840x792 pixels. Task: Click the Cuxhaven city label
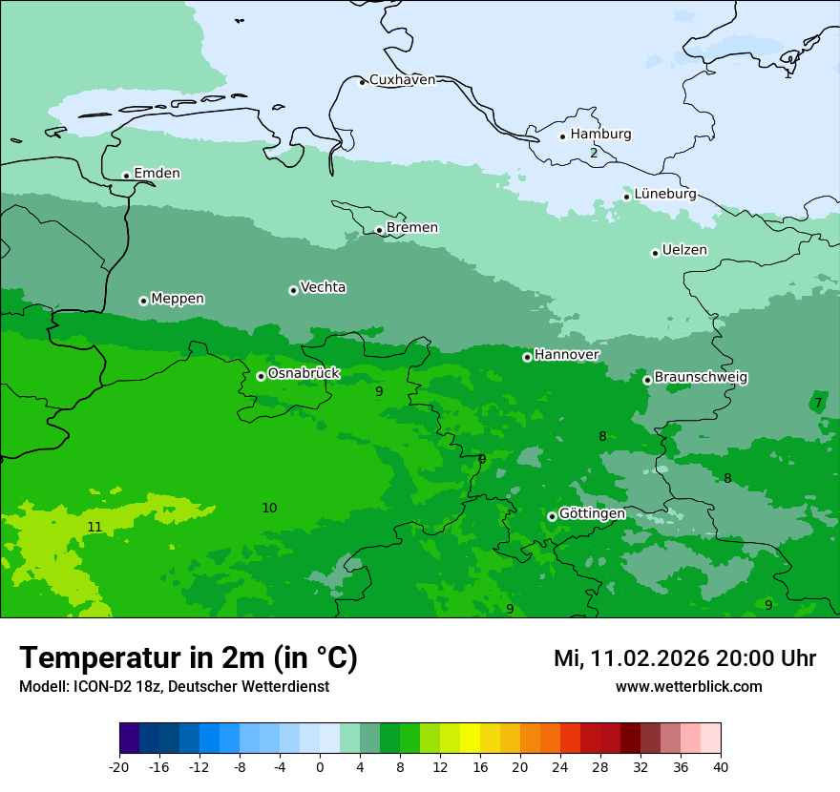[402, 80]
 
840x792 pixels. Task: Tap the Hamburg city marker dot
[562, 136]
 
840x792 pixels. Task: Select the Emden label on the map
[157, 174]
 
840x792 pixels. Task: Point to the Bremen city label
[411, 228]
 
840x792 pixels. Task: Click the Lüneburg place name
[664, 194]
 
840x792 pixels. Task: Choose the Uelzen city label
[684, 250]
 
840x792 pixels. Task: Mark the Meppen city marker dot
[143, 301]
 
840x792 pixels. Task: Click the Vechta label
[323, 287]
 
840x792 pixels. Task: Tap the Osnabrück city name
[304, 373]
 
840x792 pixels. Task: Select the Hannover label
[566, 355]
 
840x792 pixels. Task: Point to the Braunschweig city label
[701, 378]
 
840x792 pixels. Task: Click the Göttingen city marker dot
[552, 516]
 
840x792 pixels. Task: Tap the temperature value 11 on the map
[94, 527]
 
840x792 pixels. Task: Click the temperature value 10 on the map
[269, 508]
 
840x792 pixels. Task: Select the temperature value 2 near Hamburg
[594, 153]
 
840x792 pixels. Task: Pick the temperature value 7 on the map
[818, 403]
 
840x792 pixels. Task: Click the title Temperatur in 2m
[188, 657]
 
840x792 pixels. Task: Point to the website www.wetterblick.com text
[688, 687]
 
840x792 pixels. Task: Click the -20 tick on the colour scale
[119, 766]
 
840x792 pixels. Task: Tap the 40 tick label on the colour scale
[721, 766]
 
